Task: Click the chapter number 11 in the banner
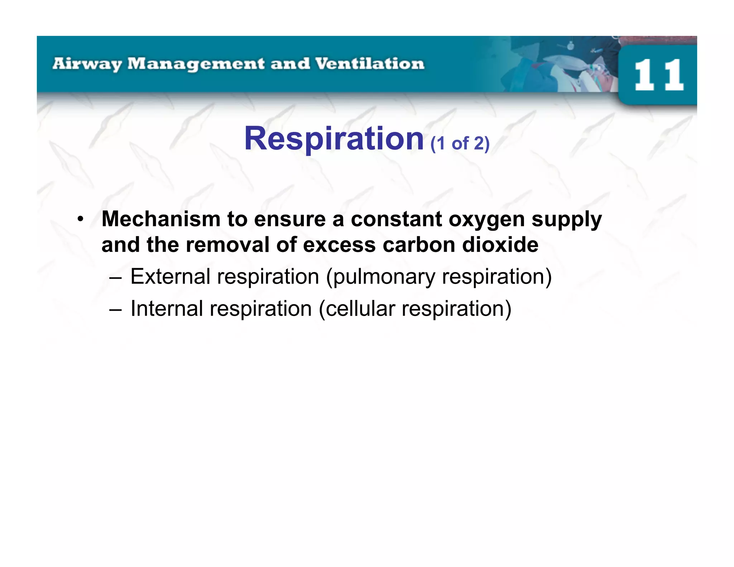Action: [658, 75]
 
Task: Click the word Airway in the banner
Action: [87, 64]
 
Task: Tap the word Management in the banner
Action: [196, 64]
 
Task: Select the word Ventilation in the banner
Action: [370, 64]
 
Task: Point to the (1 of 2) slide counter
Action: [460, 144]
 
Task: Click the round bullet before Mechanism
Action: [81, 219]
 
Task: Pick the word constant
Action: [396, 219]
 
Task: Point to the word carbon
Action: [419, 245]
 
